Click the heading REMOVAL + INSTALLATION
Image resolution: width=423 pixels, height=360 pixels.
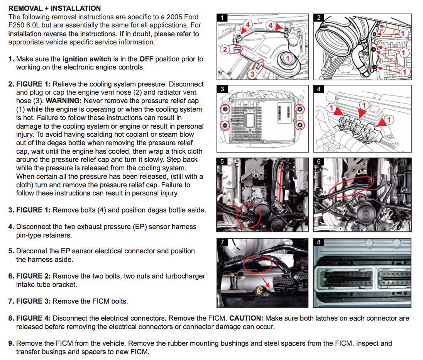click(x=54, y=8)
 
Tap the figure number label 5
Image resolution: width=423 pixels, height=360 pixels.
click(x=222, y=161)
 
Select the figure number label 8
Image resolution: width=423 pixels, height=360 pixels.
click(x=318, y=242)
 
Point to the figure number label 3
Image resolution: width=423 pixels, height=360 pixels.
click(x=222, y=89)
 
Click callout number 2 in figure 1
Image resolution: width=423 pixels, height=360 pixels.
click(x=225, y=49)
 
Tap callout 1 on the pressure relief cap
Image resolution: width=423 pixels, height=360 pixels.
click(x=288, y=58)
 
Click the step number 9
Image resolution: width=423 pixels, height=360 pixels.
click(x=11, y=343)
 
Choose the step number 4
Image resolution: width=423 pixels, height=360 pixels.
click(x=11, y=227)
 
